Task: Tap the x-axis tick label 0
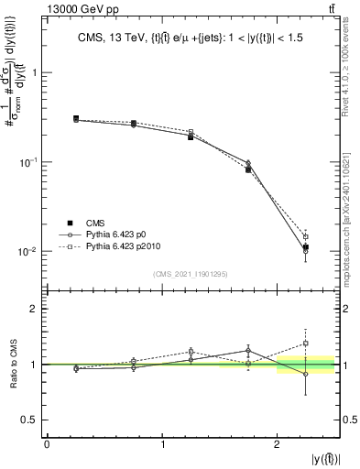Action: (x=47, y=443)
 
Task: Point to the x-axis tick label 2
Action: (x=277, y=443)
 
